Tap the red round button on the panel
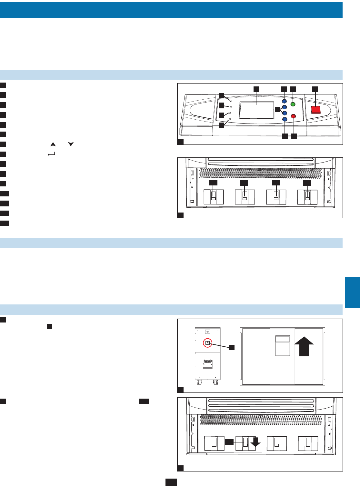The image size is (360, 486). click(294, 116)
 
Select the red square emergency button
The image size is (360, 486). click(315, 110)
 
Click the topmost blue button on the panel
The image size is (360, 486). click(285, 101)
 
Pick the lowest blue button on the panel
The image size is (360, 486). click(285, 119)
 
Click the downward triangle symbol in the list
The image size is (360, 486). click(71, 144)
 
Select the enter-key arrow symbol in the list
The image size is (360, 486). click(52, 154)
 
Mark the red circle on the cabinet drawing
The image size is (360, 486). click(208, 343)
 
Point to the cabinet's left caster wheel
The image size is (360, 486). click(199, 382)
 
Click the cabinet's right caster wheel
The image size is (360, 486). click(215, 382)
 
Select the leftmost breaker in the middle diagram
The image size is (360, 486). click(214, 197)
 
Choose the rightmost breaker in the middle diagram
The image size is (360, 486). click(307, 197)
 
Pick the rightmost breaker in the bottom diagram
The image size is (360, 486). click(308, 443)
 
